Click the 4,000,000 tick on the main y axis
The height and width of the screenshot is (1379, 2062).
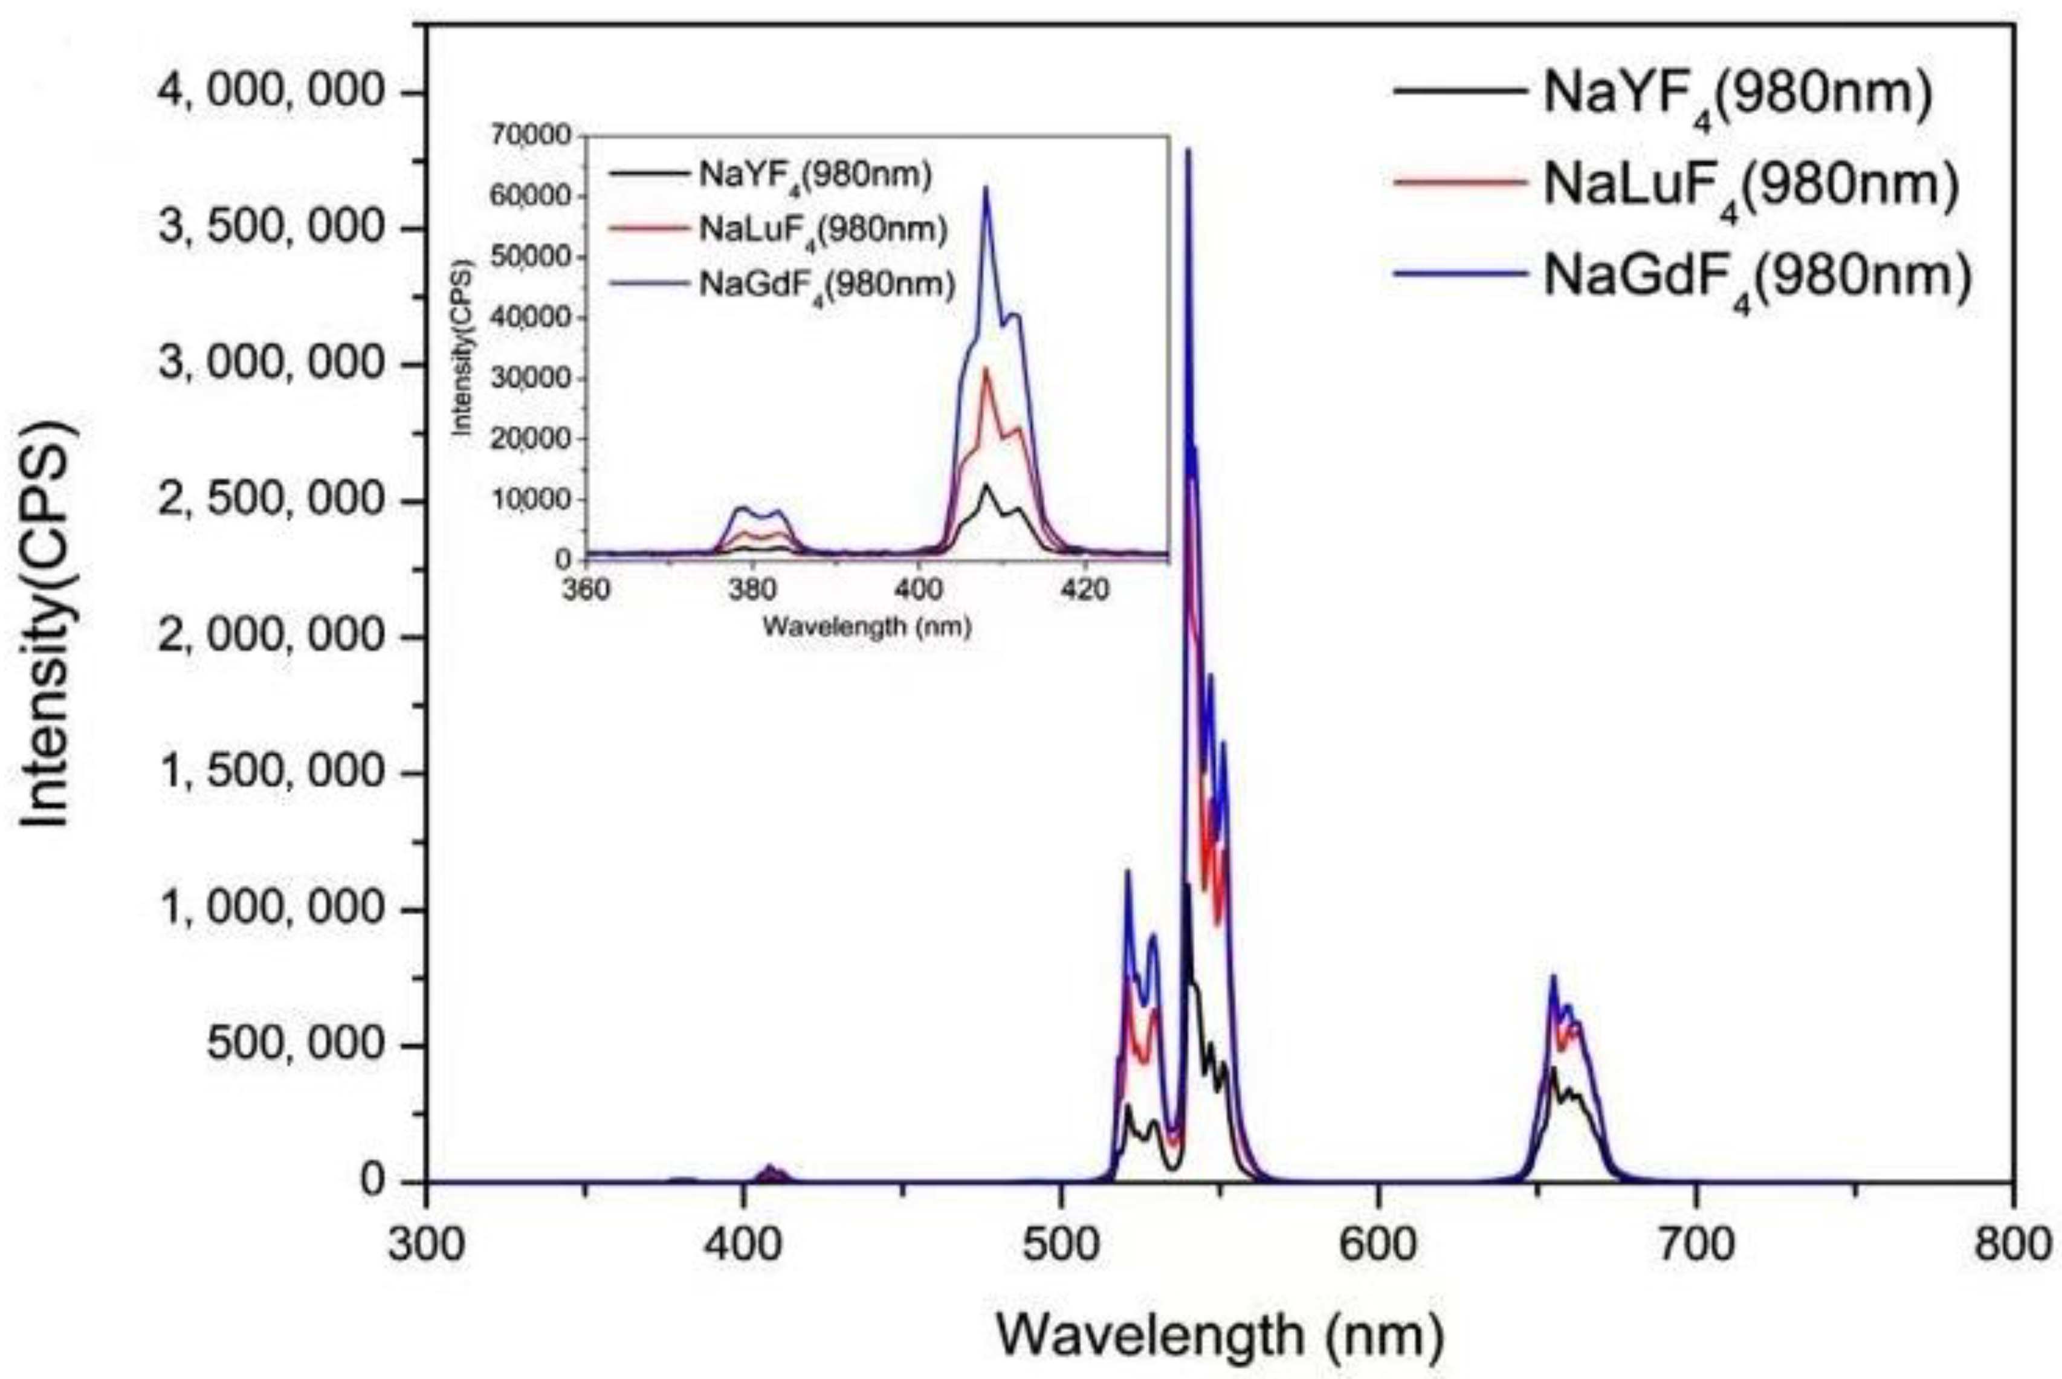coord(271,93)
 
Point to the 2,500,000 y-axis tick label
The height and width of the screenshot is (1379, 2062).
coord(271,502)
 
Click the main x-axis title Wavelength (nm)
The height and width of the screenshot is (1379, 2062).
coord(1220,1334)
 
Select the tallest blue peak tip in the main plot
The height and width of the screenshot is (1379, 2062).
coord(1188,150)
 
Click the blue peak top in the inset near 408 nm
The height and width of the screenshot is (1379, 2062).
coord(986,187)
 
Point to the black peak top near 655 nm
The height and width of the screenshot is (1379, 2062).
coord(1554,1068)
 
